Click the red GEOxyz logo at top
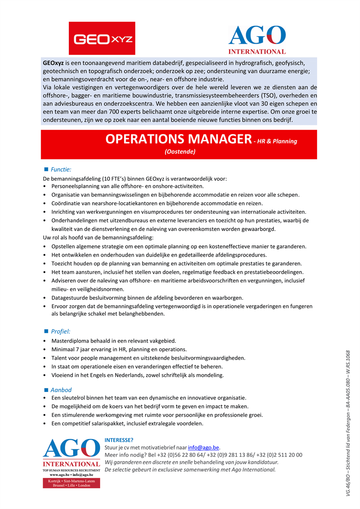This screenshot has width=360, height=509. coord(102,38)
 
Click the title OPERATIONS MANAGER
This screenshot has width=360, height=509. coord(178,139)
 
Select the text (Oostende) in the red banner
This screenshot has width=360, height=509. coord(180,151)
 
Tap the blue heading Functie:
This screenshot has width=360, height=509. coord(61,169)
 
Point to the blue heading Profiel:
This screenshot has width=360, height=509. coord(61,331)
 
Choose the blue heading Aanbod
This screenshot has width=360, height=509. coord(61,389)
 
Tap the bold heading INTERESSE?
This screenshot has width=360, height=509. coord(119,440)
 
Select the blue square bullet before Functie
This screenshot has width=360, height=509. coord(46,169)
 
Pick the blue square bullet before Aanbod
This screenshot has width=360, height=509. coord(46,389)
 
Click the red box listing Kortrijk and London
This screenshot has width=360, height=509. coord(71,483)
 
